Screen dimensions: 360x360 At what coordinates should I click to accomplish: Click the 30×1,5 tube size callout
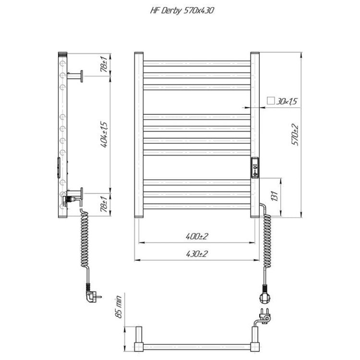pyautogui.click(x=287, y=101)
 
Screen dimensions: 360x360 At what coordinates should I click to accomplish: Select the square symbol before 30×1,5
pyautogui.click(x=270, y=101)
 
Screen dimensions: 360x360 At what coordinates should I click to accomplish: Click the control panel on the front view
pyautogui.click(x=255, y=168)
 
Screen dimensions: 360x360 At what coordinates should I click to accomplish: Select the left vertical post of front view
pyautogui.click(x=139, y=134)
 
